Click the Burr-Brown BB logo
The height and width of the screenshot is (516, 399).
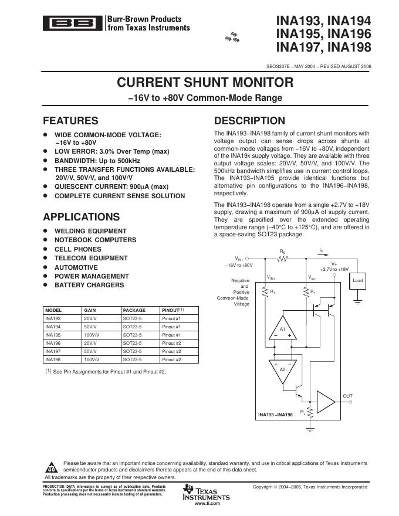point(73,24)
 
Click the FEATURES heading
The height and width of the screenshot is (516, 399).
point(70,121)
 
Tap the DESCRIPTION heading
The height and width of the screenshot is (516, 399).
point(249,121)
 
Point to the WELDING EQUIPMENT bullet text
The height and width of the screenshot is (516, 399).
point(90,231)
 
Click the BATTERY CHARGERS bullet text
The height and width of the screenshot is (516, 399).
point(89,285)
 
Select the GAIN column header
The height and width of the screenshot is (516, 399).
point(90,310)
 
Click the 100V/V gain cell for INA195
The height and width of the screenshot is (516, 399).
point(92,334)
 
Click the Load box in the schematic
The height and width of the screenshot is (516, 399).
point(357,281)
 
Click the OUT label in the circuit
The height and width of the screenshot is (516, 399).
point(347,396)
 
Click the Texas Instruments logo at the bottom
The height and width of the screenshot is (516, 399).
point(205,492)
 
